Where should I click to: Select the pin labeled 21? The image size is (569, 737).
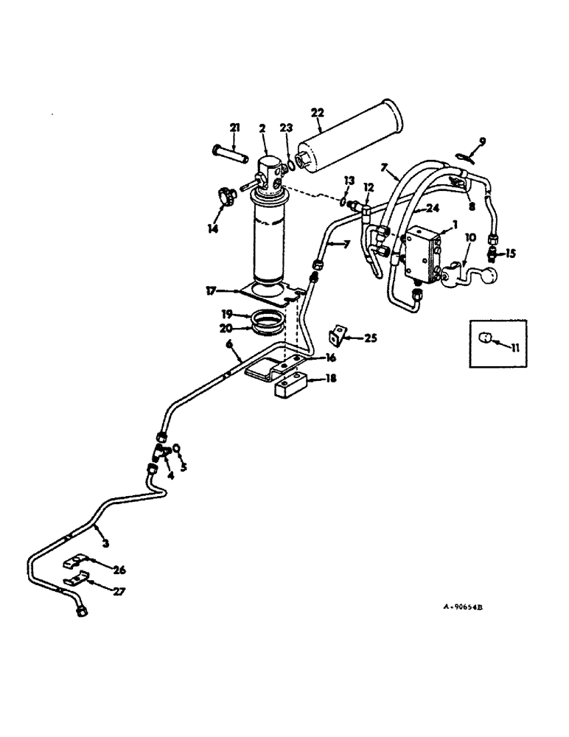tap(234, 157)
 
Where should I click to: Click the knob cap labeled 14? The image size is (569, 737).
tap(223, 197)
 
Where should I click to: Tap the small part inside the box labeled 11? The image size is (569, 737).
tap(485, 338)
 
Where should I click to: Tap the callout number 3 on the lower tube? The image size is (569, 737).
tap(107, 544)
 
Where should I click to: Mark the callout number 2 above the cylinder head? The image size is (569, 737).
tap(262, 128)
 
